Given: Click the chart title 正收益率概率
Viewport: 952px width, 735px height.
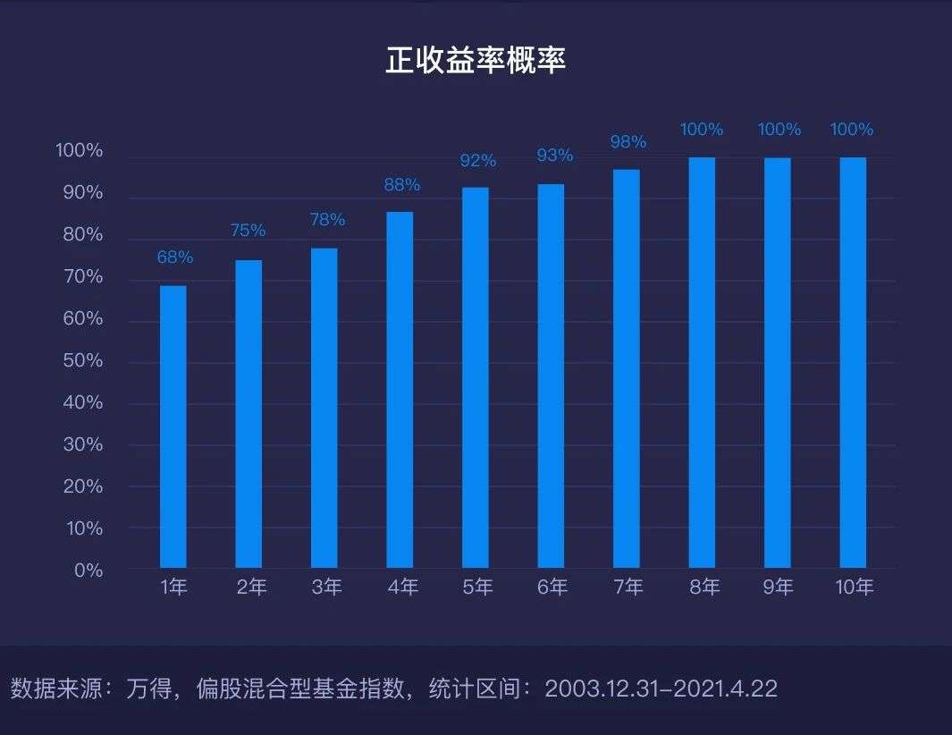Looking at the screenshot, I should [x=476, y=60].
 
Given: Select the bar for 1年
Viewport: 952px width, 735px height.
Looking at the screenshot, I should [x=173, y=427].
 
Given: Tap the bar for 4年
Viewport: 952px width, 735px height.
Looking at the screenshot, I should [x=400, y=390].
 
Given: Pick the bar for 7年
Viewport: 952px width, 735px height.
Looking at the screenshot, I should [x=627, y=368].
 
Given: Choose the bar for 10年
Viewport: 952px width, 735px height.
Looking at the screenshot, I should [x=853, y=362].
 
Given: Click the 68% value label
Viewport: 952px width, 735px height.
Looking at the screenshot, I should [x=175, y=258].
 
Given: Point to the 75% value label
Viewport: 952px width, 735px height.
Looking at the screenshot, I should [x=248, y=231].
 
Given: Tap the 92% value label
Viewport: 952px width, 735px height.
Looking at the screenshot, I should [x=478, y=161].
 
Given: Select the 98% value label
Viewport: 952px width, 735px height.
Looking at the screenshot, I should [x=628, y=142].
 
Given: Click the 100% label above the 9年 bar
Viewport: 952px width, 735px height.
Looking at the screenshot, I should [x=779, y=130].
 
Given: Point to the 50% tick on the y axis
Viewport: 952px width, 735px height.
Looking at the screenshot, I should [x=80, y=361].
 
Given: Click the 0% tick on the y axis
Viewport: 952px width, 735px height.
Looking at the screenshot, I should [x=88, y=570].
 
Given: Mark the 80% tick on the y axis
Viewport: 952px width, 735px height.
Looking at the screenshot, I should [x=80, y=235].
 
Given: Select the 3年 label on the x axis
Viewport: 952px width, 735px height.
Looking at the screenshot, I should [x=327, y=587].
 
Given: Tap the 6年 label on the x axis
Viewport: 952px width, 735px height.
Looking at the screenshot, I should [x=552, y=587].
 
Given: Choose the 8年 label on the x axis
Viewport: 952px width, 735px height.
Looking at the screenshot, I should [x=704, y=587].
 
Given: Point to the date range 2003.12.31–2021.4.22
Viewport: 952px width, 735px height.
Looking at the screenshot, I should [x=661, y=689].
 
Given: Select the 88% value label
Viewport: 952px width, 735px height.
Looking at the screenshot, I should [x=402, y=185].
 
